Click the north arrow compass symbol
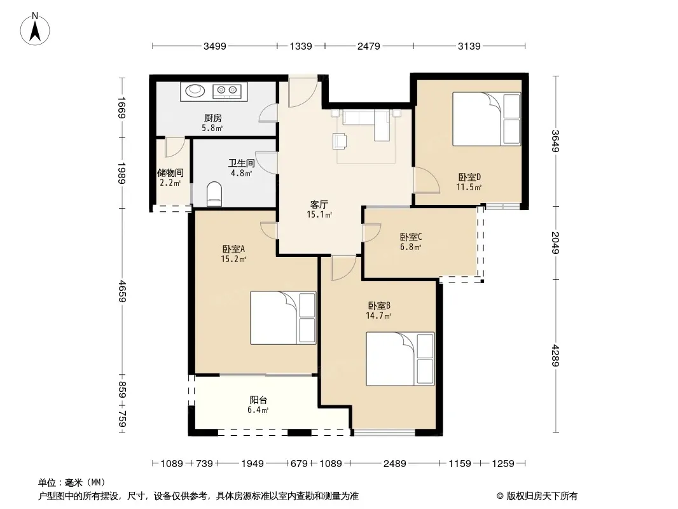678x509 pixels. click(35, 29)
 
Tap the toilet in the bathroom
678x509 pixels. click(214, 194)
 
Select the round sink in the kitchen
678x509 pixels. click(195, 90)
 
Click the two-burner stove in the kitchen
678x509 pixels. click(227, 90)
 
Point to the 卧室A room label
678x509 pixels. click(233, 249)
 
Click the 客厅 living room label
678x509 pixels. click(319, 204)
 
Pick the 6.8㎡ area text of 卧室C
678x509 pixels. click(410, 248)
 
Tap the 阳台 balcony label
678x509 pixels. click(258, 400)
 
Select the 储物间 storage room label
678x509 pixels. click(170, 173)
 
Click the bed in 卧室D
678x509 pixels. click(487, 118)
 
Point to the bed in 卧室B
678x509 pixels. click(400, 358)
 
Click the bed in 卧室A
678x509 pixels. click(283, 318)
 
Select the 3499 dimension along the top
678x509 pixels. click(215, 46)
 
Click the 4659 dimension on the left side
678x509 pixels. click(122, 291)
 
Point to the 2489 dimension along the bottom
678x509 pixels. click(395, 464)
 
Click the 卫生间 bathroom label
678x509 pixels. click(241, 163)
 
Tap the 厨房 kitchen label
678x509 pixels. click(212, 118)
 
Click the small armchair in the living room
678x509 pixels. click(340, 141)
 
